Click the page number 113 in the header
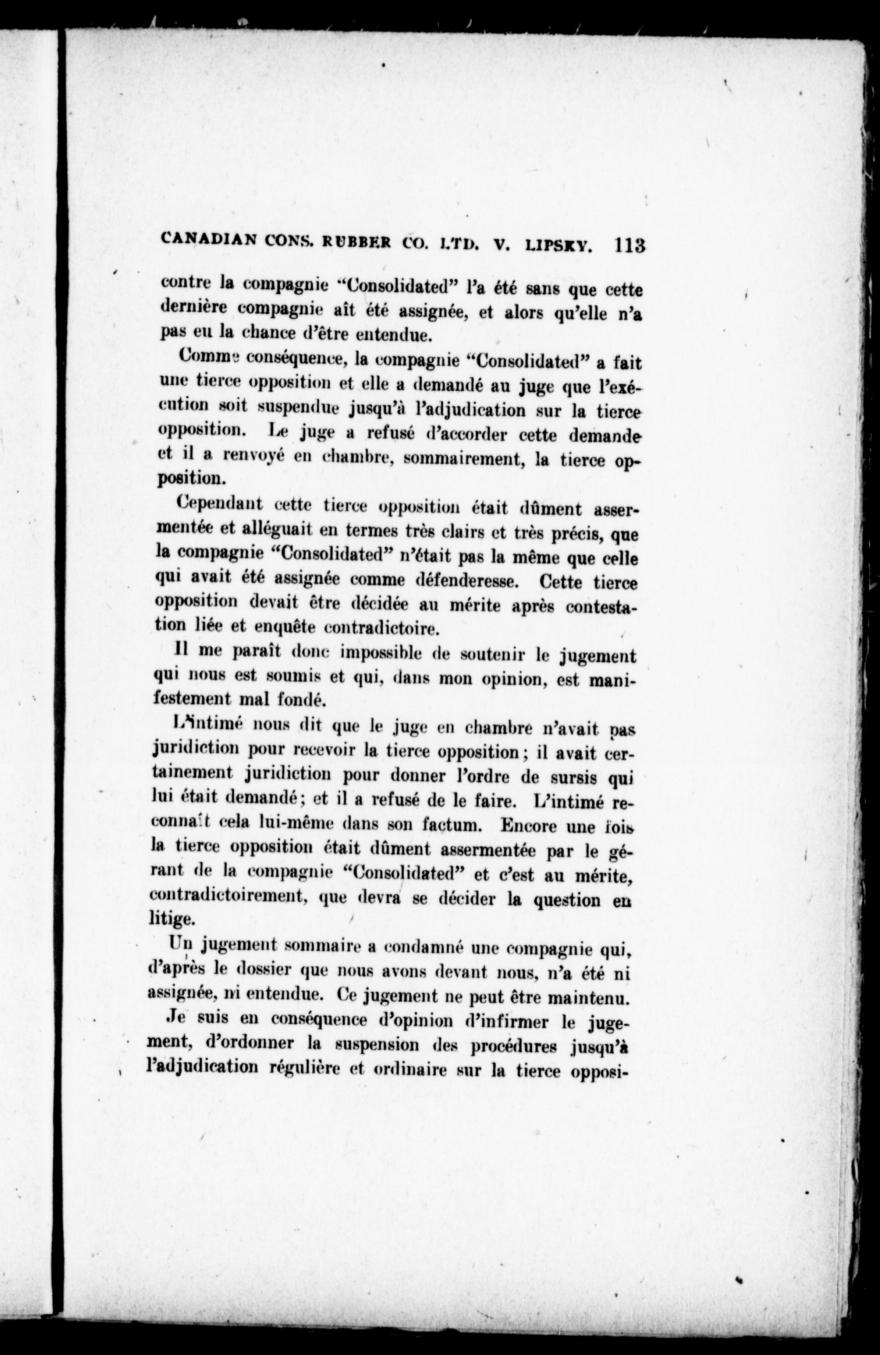pos(629,246)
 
